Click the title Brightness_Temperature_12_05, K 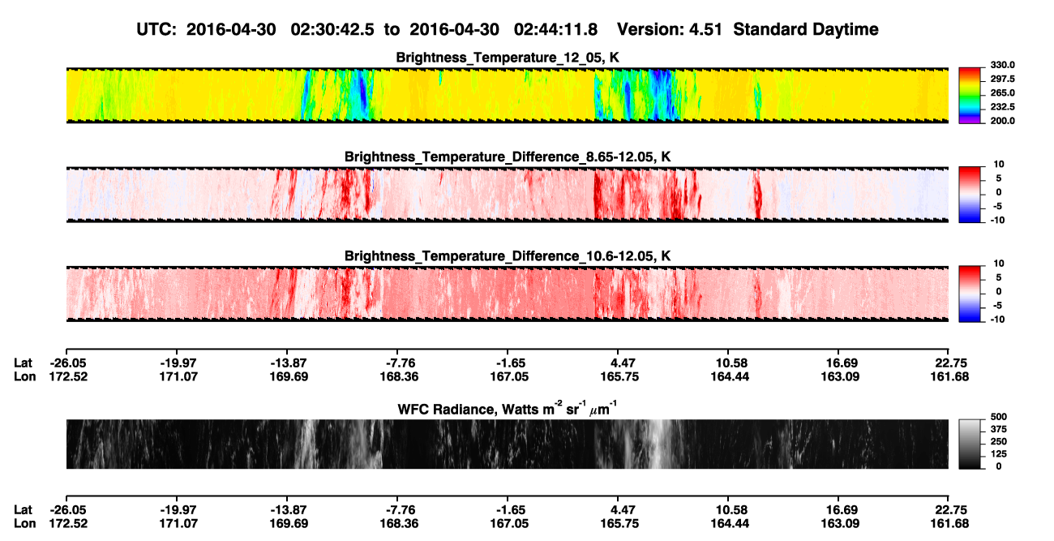coord(508,58)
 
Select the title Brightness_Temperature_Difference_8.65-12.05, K coord(508,157)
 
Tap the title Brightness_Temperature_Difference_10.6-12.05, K coord(508,256)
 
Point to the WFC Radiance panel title coord(507,409)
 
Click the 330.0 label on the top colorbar coord(1002,65)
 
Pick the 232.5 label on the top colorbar coord(1002,107)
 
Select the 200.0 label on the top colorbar coord(1002,121)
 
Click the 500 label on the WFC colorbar coord(999,417)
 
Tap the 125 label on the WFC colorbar coord(999,454)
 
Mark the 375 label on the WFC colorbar coord(999,429)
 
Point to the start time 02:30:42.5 coord(332,29)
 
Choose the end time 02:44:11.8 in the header coord(555,29)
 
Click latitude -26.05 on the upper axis coord(68,363)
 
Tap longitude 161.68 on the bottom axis coord(949,524)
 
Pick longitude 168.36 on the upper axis coord(399,376)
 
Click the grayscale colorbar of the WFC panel coord(970,444)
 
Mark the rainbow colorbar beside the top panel coord(970,96)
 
